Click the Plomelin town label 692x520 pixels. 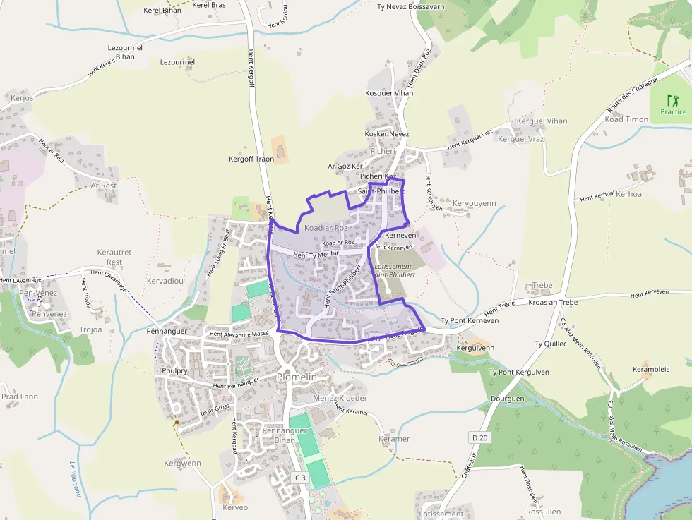click(297, 377)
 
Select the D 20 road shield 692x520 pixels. click(479, 438)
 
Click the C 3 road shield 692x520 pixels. click(301, 478)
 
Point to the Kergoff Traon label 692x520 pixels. click(251, 159)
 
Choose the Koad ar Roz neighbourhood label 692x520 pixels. click(326, 228)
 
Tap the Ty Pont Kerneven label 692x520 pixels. click(470, 320)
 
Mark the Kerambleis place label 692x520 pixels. click(651, 369)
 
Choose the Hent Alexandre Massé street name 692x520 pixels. click(239, 334)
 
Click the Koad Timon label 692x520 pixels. click(626, 119)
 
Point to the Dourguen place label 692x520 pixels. click(507, 399)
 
